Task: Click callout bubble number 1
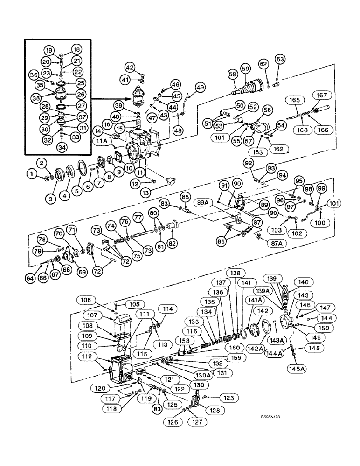[32, 174]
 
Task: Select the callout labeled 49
[200, 87]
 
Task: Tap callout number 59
[245, 68]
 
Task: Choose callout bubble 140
[304, 281]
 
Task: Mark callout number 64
[30, 279]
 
